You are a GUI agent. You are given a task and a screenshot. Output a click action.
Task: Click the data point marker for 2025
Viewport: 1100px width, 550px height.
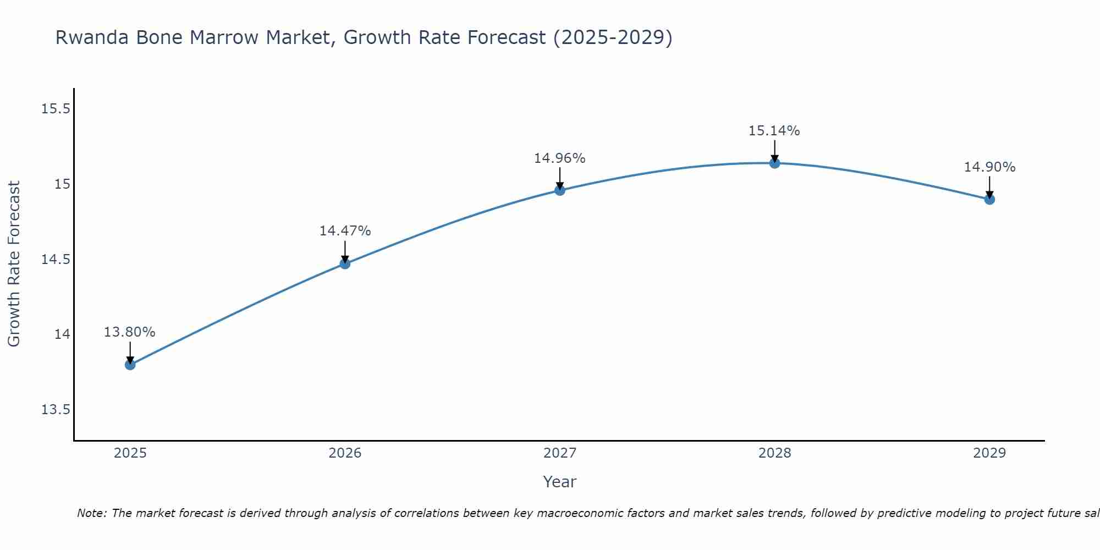click(x=130, y=365)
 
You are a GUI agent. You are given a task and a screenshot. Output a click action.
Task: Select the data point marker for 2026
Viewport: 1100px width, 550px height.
click(x=345, y=263)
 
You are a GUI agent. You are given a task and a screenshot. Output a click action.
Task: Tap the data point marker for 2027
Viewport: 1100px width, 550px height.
click(x=560, y=190)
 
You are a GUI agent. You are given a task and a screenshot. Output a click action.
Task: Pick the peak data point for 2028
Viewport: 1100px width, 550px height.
click(x=774, y=163)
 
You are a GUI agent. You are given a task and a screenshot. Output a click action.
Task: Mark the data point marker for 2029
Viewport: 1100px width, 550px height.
click(x=989, y=199)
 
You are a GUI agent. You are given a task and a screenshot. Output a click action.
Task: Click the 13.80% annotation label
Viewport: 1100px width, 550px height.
click(x=130, y=332)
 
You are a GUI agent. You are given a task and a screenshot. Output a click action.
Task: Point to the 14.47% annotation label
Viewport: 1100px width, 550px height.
click(x=345, y=231)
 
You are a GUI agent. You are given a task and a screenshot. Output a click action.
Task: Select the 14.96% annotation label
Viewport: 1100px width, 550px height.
click(x=560, y=158)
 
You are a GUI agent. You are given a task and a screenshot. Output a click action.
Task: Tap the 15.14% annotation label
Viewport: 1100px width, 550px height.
click(x=774, y=131)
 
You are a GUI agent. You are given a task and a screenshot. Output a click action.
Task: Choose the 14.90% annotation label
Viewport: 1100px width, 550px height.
click(x=989, y=167)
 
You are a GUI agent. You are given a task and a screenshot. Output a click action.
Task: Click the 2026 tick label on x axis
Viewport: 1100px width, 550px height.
click(x=345, y=453)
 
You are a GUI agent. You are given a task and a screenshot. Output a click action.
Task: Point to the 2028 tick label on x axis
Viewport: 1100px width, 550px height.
click(x=774, y=453)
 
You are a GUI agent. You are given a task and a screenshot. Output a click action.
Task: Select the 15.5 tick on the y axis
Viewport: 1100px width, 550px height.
click(x=56, y=109)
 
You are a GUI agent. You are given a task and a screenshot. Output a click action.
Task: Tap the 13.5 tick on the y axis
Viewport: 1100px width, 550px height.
click(x=56, y=410)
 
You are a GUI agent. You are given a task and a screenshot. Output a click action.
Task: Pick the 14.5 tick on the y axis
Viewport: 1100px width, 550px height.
click(x=56, y=259)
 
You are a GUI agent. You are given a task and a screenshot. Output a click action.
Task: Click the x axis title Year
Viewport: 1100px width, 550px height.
click(x=559, y=482)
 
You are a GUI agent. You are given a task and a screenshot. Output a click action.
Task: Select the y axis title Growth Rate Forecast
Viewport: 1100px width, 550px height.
click(x=14, y=264)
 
